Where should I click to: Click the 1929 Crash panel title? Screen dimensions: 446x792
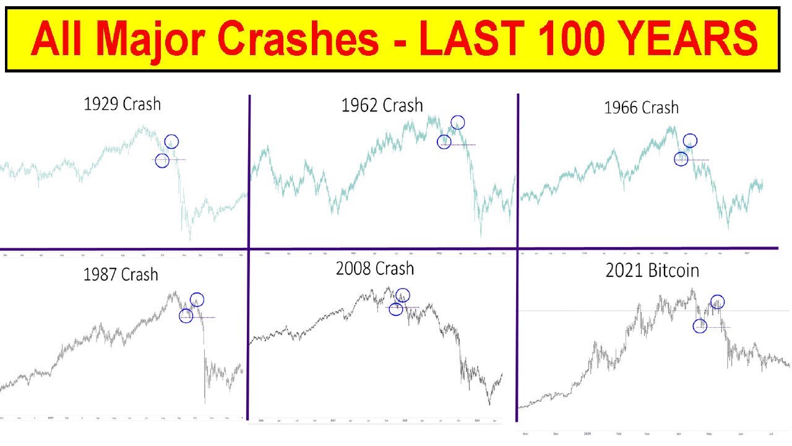[122, 103]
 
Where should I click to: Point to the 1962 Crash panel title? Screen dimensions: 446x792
[382, 105]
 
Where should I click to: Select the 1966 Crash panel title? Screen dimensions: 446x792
[641, 108]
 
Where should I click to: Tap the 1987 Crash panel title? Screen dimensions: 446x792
[121, 274]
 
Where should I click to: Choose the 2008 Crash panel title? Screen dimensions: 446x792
[375, 269]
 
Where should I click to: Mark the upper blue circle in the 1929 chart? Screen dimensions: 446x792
[171, 142]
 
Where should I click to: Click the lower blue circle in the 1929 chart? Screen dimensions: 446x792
[162, 161]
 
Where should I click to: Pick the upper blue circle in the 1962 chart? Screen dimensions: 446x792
[458, 122]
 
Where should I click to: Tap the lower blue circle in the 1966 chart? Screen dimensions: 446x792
[681, 159]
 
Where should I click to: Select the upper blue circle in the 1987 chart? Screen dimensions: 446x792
[197, 300]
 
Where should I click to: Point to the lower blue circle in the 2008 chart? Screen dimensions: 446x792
[396, 309]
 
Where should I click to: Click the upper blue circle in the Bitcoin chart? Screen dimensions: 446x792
[718, 302]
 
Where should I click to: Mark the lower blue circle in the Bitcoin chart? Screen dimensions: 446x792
[700, 326]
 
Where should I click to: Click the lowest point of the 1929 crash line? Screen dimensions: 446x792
[190, 240]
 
